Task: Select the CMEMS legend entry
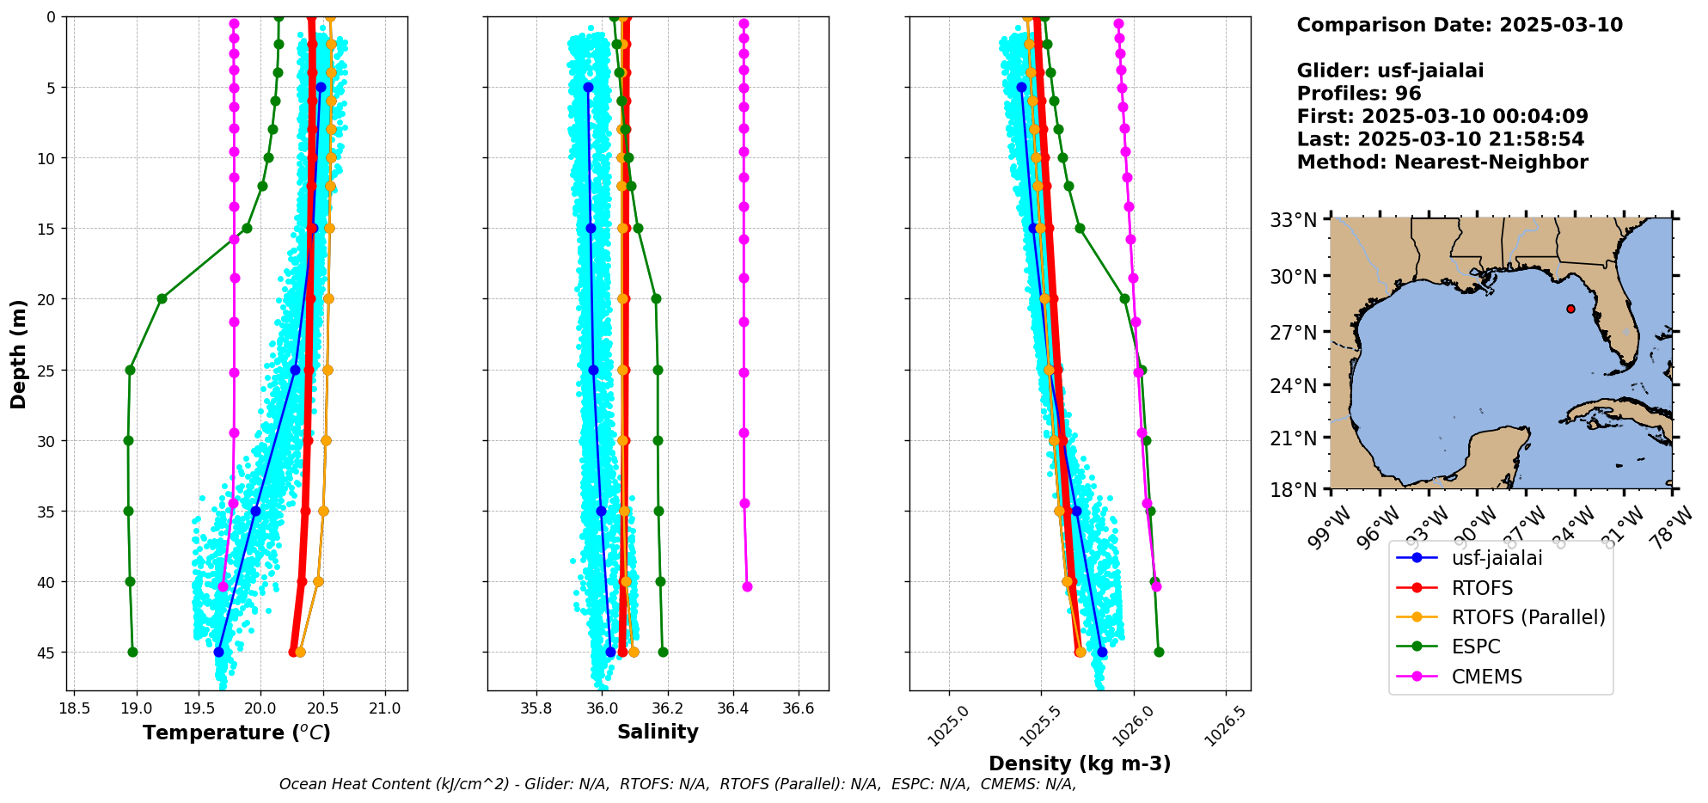[1486, 677]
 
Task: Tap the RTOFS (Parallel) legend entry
[1527, 617]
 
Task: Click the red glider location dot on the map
[1570, 309]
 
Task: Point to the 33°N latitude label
[1293, 220]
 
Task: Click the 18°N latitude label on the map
[1293, 490]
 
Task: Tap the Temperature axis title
[236, 733]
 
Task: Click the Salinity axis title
[658, 732]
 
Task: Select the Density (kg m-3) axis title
[1080, 763]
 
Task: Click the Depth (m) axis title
[19, 353]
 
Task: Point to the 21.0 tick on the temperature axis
[385, 708]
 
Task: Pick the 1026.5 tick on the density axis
[1225, 725]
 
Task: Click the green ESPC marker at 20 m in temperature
[162, 299]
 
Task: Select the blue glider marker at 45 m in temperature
[218, 652]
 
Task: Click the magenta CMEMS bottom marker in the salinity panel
[747, 586]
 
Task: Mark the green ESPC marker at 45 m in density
[1159, 652]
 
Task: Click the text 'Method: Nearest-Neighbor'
[1442, 162]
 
